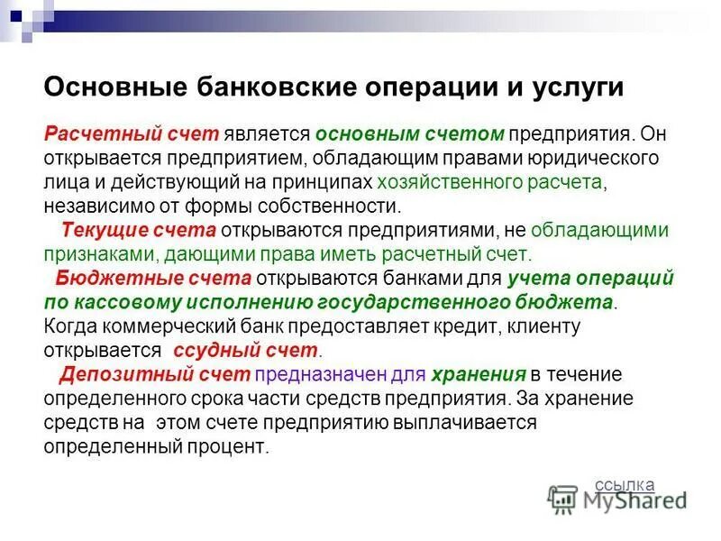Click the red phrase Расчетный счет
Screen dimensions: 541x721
click(x=132, y=134)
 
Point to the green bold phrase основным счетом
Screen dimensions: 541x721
click(x=409, y=134)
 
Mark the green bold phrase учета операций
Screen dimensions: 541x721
click(x=590, y=277)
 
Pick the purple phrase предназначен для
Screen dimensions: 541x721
click(x=326, y=372)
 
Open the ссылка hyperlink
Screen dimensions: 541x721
click(x=625, y=484)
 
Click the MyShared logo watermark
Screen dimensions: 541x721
click(x=618, y=500)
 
